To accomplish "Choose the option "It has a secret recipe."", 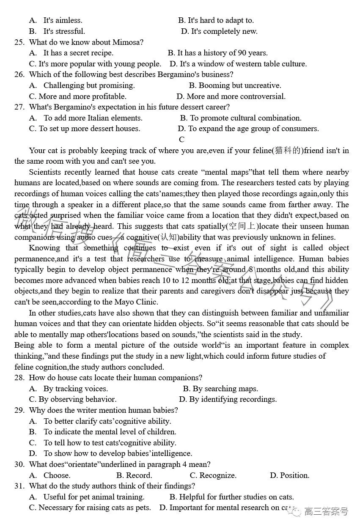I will (x=78, y=53).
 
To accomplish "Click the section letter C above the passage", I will (x=181, y=140).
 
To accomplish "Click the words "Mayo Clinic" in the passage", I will (x=136, y=302).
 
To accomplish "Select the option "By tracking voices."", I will (x=75, y=389).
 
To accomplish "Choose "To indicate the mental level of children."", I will (x=110, y=432).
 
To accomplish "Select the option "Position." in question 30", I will (x=294, y=475).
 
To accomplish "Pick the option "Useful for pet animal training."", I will (x=93, y=497).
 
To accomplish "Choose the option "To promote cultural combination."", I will (x=245, y=118).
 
